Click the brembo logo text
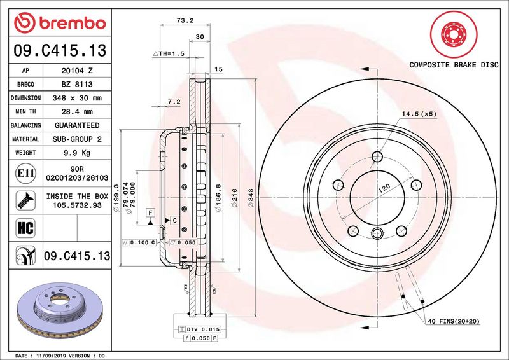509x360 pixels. pos(73,23)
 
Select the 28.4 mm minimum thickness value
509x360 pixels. pos(77,112)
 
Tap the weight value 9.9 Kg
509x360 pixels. pos(77,153)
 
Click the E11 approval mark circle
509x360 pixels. pos(25,173)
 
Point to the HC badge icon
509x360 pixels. pos(25,228)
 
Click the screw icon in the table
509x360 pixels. pos(25,200)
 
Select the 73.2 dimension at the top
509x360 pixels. pos(185,20)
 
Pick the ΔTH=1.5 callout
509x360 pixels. pos(169,53)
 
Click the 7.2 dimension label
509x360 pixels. pos(174,102)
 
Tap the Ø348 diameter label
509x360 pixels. pos(250,198)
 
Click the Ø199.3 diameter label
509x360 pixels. pos(116,198)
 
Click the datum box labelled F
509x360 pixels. pos(150,212)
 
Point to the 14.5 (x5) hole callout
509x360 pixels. pos(419,114)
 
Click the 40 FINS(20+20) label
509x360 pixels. pos(454,321)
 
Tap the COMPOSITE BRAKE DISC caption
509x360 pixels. pos(454,65)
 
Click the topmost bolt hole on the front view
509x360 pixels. pos(377,157)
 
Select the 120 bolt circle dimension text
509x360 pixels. pos(384,188)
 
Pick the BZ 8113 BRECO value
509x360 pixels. pos(77,85)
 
